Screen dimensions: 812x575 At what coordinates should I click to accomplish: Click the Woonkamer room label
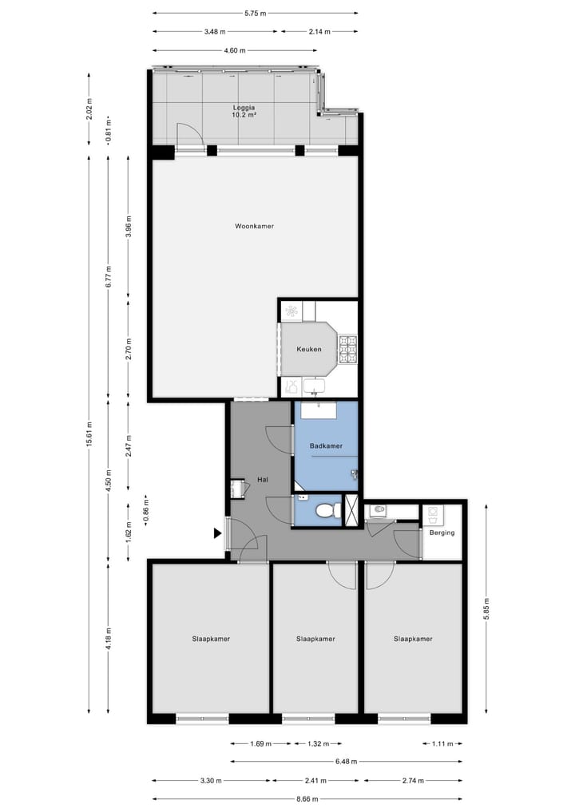[254, 227]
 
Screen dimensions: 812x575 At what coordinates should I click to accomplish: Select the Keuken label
[308, 350]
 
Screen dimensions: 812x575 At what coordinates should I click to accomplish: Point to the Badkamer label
[326, 446]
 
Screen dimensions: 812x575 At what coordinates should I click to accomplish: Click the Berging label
[442, 533]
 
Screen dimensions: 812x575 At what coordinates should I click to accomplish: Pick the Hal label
[262, 480]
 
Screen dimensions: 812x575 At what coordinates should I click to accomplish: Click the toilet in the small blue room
[324, 510]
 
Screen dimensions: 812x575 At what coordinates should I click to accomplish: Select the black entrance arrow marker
[217, 533]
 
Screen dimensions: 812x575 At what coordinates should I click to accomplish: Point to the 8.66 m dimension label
[307, 799]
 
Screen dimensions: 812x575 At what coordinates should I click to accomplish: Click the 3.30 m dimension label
[210, 781]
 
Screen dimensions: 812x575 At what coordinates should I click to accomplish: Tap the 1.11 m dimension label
[442, 744]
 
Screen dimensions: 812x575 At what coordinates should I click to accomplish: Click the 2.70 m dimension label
[128, 350]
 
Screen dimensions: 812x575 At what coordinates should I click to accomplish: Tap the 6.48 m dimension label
[345, 762]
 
